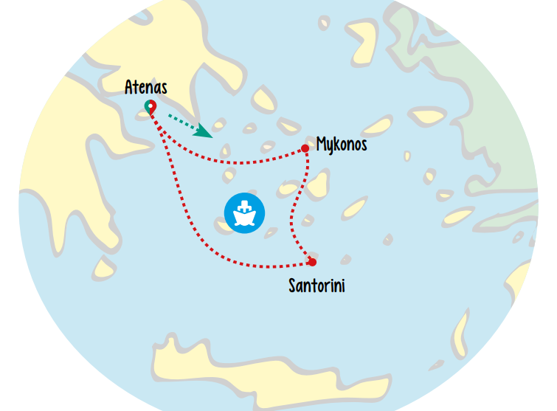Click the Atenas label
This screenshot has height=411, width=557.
click(146, 88)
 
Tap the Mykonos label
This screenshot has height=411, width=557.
click(342, 145)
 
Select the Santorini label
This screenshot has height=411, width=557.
click(316, 285)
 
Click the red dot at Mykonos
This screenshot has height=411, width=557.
click(305, 148)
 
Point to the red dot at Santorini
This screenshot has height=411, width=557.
click(312, 262)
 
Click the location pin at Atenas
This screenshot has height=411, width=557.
click(150, 109)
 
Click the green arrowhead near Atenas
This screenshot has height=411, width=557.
click(203, 131)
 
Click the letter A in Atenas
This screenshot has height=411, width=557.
click(130, 88)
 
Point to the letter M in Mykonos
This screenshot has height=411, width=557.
click(322, 144)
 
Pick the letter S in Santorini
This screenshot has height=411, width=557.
click(293, 285)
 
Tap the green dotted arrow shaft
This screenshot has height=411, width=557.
click(181, 120)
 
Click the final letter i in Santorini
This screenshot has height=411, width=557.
click(342, 285)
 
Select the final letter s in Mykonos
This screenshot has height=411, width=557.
click(363, 145)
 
